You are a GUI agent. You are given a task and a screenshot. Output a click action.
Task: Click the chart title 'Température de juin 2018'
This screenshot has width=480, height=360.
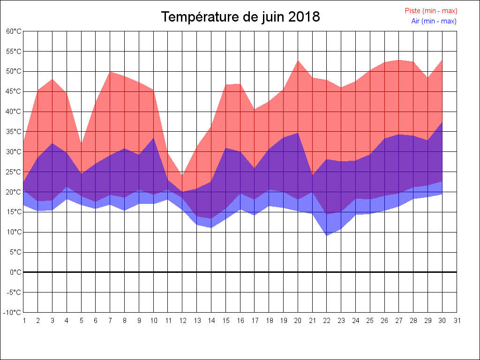tap(240, 17)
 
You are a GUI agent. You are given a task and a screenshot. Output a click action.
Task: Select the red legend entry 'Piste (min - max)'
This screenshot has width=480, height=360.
tap(431, 11)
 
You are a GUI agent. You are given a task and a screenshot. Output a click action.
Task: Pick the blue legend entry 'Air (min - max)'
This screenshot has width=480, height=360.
tap(434, 21)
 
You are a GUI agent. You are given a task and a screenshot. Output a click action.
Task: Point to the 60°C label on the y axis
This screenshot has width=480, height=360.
tap(14, 31)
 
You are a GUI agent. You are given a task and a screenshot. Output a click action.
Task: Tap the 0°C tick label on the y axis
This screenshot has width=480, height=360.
tap(15, 272)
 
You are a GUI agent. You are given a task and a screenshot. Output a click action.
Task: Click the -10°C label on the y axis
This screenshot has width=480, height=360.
tap(13, 312)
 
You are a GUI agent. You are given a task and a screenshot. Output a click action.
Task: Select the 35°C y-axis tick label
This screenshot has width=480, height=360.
tap(14, 132)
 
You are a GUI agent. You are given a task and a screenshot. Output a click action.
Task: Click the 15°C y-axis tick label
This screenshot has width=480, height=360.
tap(14, 212)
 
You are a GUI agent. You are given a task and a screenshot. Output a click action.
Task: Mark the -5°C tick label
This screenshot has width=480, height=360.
tap(14, 292)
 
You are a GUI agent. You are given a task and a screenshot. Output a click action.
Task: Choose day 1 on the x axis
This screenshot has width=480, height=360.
tap(23, 321)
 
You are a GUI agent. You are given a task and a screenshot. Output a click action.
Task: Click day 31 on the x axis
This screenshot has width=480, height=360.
tap(457, 321)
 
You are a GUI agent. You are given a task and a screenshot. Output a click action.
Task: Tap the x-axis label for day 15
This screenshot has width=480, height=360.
tap(225, 321)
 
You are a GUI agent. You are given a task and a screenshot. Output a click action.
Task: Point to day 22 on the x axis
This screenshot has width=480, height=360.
tap(327, 321)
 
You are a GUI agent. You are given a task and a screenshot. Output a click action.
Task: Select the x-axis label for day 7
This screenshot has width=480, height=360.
tap(110, 321)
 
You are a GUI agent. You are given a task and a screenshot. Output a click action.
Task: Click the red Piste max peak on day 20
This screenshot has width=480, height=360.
tap(298, 60)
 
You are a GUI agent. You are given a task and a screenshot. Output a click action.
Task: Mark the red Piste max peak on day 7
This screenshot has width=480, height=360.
tap(110, 71)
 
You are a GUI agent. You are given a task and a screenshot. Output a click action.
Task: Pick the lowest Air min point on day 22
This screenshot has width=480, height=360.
tap(327, 235)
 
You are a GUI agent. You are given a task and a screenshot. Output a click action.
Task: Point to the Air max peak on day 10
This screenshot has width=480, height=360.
tap(153, 138)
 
